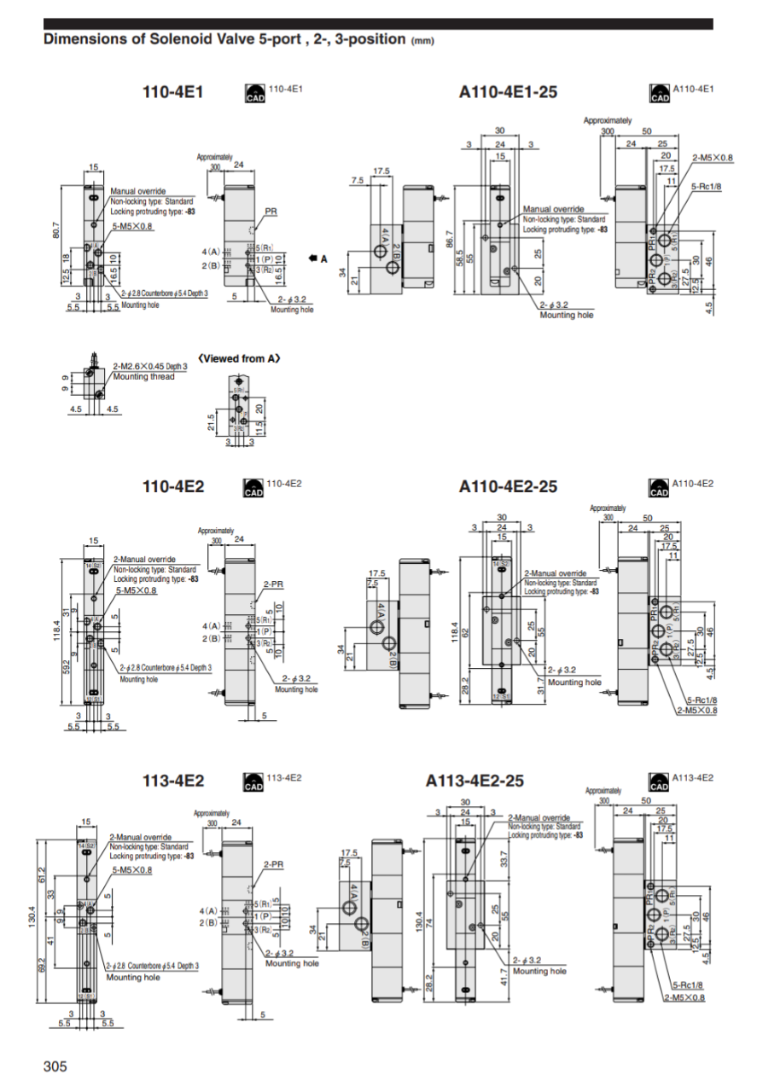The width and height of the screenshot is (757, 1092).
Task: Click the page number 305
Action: coord(55,1066)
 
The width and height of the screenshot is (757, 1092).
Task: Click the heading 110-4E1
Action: coord(172,92)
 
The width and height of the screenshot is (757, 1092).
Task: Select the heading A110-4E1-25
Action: coord(508,92)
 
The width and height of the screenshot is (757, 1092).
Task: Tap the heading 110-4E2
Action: coord(173,486)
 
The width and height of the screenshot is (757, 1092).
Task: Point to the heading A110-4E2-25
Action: coord(508,486)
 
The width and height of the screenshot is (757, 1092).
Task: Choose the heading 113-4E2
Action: coord(173,781)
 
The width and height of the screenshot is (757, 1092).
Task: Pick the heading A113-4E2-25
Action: coord(475,781)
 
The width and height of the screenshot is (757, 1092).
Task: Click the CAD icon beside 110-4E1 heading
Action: coord(254,93)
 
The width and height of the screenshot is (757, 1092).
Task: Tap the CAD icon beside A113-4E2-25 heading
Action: coord(659,781)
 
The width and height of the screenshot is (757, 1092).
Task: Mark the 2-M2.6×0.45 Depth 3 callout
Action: coord(150,366)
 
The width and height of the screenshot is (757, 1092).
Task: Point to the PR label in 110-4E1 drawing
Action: coord(271,210)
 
